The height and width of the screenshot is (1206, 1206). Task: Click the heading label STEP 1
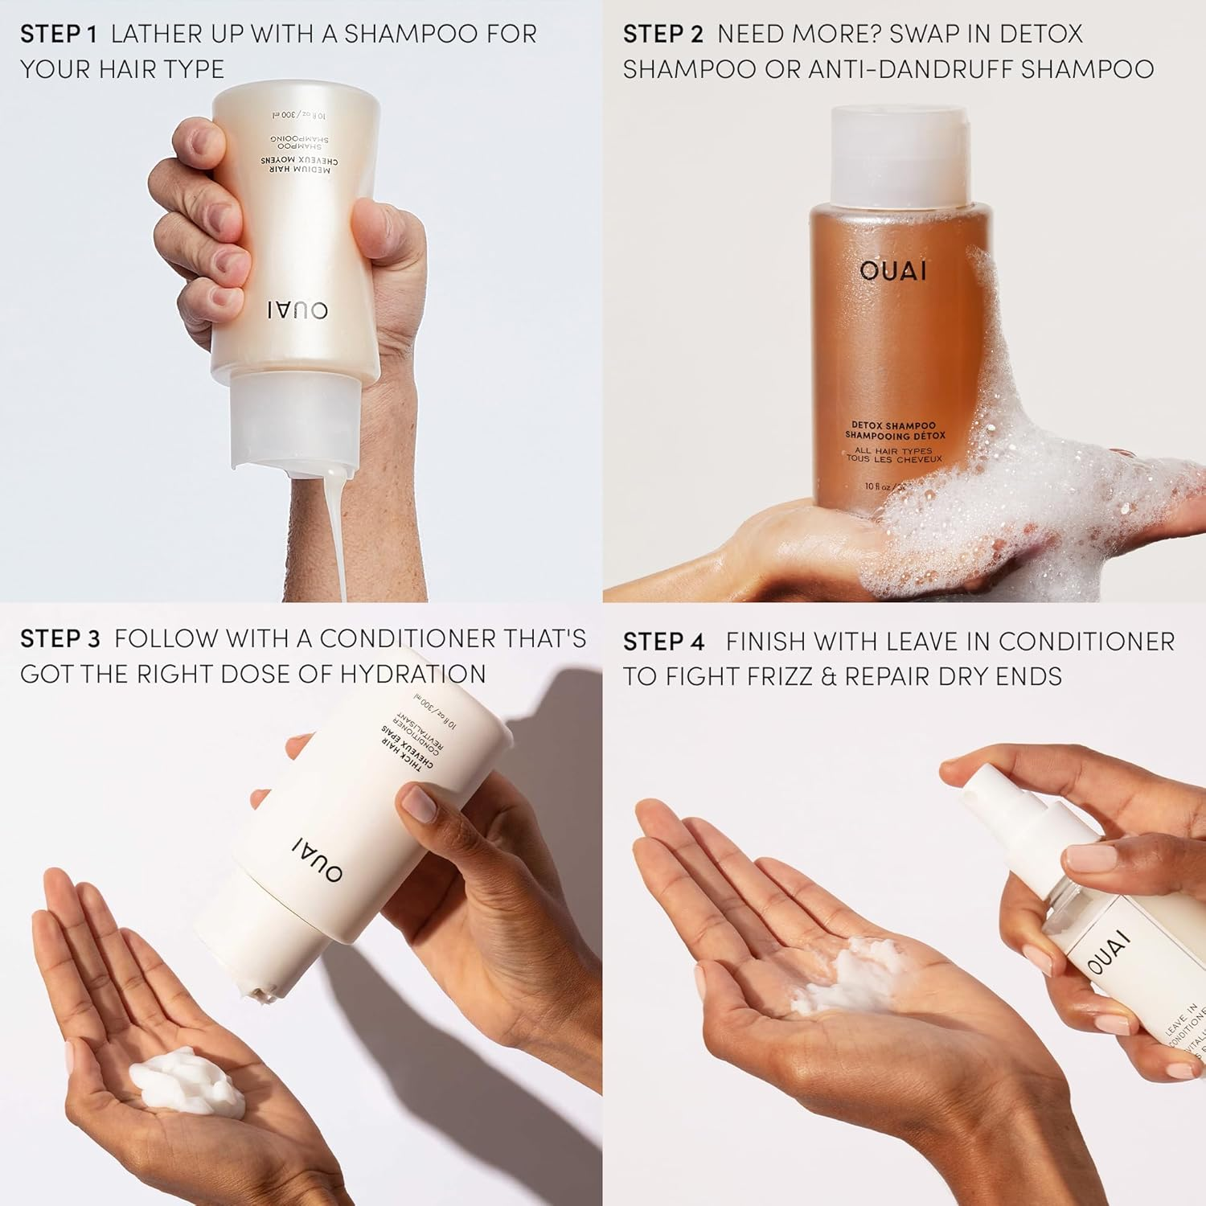coord(59,35)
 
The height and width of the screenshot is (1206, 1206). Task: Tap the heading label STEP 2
coord(662,35)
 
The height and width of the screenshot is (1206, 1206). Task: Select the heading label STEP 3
coord(60,639)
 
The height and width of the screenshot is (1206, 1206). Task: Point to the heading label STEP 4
coord(664,642)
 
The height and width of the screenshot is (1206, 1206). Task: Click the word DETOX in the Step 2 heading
coord(1044,35)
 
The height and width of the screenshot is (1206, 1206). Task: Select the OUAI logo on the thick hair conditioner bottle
coord(318,858)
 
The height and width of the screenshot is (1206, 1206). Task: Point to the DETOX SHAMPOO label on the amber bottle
coord(894,426)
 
